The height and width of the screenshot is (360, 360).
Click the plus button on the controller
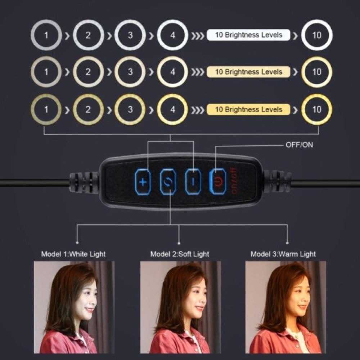[143, 182]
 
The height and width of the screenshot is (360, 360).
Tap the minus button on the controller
[193, 182]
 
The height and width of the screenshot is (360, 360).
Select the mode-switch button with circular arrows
[168, 182]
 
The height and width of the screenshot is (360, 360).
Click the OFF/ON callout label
[299, 145]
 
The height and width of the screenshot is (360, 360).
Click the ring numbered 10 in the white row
[317, 35]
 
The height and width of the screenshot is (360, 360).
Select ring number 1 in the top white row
[46, 35]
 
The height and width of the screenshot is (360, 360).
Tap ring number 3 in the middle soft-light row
[130, 72]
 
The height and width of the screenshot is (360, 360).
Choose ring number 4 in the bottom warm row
[172, 109]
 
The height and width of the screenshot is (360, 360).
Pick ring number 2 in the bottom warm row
[89, 109]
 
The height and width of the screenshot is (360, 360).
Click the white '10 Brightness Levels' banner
[248, 35]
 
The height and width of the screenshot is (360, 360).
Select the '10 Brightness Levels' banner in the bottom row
[248, 109]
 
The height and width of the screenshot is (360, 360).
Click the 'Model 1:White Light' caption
[73, 254]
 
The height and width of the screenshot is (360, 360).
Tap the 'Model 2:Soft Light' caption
[180, 254]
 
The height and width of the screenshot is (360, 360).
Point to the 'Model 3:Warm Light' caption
[283, 254]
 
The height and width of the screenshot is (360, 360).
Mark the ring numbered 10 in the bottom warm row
[317, 109]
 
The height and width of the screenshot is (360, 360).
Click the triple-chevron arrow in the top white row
[197, 36]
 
